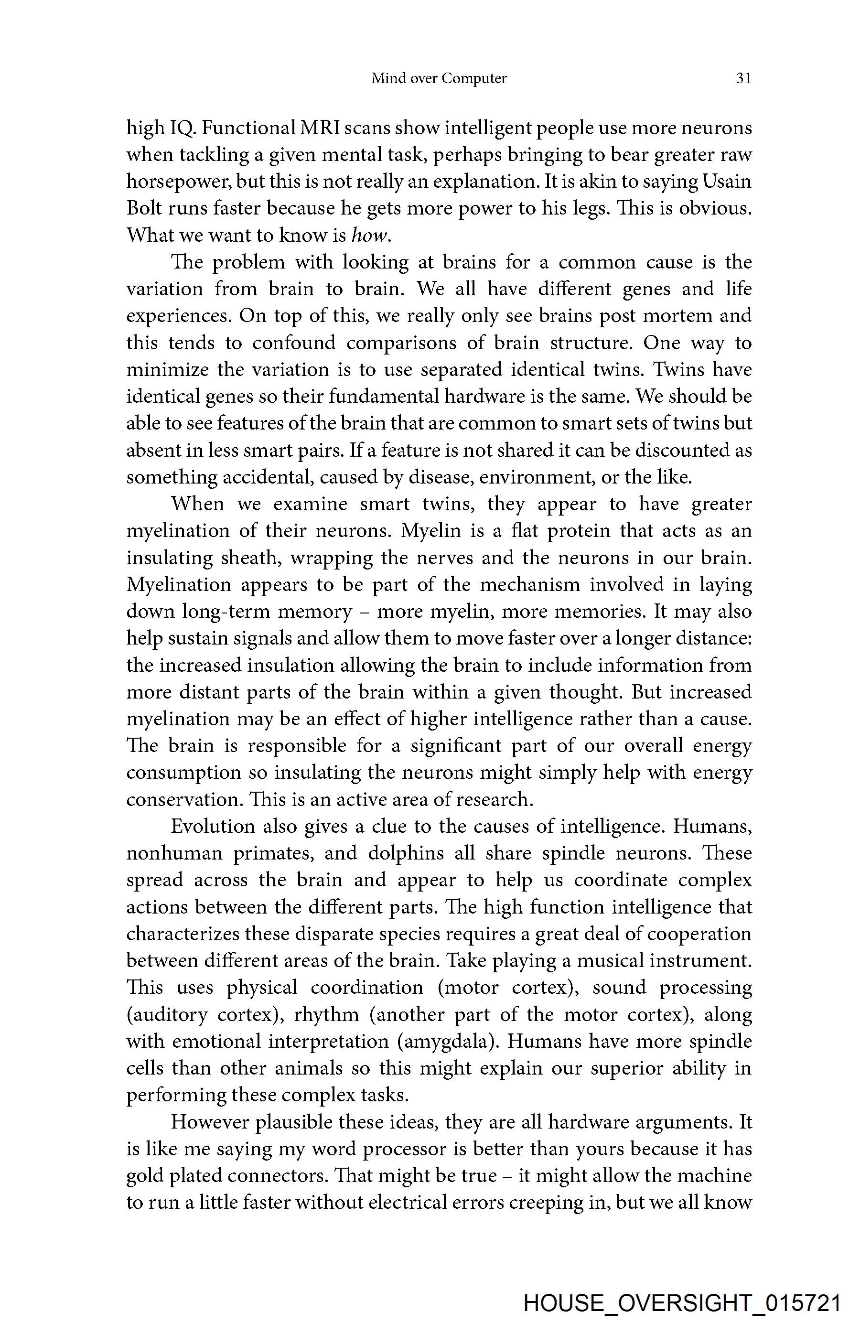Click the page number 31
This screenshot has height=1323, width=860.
[743, 78]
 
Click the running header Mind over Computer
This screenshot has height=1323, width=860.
[439, 78]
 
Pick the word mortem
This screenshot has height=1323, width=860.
[676, 315]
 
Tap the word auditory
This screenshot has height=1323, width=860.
[166, 1015]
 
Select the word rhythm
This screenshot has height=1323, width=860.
[326, 1015]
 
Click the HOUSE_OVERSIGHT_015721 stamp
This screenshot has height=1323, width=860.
[682, 1303]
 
